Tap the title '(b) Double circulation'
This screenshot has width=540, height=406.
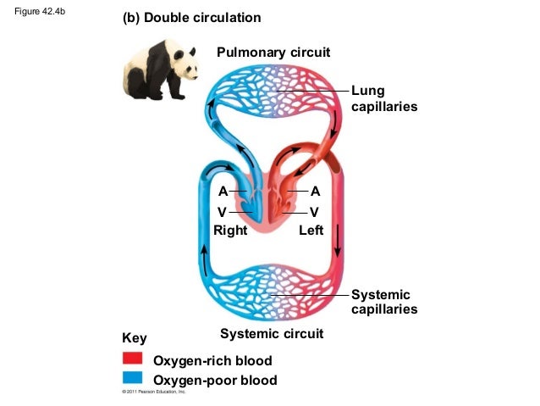point(192,18)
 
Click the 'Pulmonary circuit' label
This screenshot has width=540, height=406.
point(273,53)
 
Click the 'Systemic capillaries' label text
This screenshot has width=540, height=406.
point(383,302)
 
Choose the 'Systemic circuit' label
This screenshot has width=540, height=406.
point(271,334)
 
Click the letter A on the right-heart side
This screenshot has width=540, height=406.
point(223,192)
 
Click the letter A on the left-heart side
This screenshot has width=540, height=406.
point(315,192)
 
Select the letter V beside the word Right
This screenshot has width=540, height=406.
point(223,211)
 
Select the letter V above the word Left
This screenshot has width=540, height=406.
point(315,211)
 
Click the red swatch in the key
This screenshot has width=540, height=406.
point(133,359)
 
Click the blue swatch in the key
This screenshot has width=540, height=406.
point(133,378)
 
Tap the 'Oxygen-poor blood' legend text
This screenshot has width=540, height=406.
point(214,380)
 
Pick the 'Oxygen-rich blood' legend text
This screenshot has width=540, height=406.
point(212,362)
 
